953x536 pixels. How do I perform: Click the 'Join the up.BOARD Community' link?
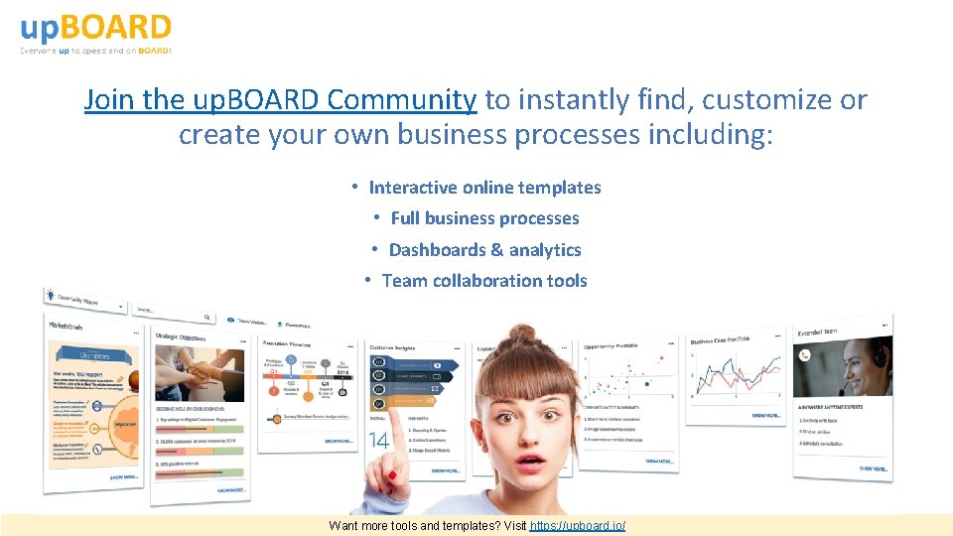(280, 100)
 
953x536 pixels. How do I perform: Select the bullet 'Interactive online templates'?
(484, 188)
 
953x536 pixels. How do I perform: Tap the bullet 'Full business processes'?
(484, 218)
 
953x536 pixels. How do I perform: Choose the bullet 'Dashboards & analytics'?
(484, 250)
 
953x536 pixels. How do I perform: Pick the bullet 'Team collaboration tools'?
(484, 281)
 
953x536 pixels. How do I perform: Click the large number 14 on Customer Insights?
(379, 439)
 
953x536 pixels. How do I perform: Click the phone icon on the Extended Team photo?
(807, 355)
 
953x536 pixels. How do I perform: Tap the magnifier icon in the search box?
(206, 318)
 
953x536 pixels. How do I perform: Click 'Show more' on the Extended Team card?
(874, 468)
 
